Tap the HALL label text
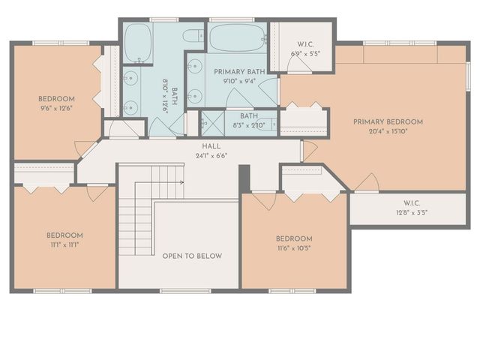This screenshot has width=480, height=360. (211, 146)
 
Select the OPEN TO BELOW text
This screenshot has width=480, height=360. (192, 256)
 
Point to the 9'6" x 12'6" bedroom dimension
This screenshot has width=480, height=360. (57, 109)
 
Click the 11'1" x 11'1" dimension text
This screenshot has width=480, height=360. (64, 245)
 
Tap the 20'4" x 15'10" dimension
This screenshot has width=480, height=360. (388, 131)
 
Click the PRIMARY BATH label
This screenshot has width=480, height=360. (235, 72)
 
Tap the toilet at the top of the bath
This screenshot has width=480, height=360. (193, 35)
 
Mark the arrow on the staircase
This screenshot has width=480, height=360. (181, 181)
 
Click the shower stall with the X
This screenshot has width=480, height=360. (212, 122)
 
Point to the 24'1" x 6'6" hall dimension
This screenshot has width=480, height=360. (211, 156)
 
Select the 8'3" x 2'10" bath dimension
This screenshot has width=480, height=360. (250, 125)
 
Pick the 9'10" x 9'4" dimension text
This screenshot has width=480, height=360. (235, 81)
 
